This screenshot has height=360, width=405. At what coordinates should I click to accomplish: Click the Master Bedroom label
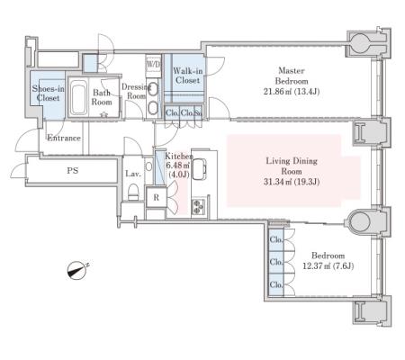pyautogui.click(x=292, y=76)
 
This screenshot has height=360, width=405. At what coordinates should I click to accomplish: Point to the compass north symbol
pyautogui.click(x=77, y=271)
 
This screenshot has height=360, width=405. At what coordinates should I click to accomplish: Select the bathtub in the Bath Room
pyautogui.click(x=79, y=97)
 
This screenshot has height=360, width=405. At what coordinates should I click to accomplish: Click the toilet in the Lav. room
pyautogui.click(x=133, y=192)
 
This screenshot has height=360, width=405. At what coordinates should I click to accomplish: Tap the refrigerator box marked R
pyautogui.click(x=156, y=198)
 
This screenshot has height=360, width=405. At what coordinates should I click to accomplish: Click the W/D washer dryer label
pyautogui.click(x=153, y=64)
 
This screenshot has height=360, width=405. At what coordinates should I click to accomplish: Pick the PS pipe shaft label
pyautogui.click(x=72, y=171)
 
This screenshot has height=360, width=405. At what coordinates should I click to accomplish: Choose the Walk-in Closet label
pyautogui.click(x=188, y=76)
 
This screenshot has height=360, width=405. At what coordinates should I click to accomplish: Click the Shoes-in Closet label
pyautogui.click(x=48, y=94)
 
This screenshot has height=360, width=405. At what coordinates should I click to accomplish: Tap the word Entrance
pyautogui.click(x=64, y=138)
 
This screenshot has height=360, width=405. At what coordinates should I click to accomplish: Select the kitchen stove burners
pyautogui.click(x=198, y=206)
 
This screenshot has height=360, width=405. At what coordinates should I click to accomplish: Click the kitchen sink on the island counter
pyautogui.click(x=200, y=169)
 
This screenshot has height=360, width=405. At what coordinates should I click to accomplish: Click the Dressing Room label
pyautogui.click(x=136, y=91)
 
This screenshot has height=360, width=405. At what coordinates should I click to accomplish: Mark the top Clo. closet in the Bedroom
pyautogui.click(x=276, y=239)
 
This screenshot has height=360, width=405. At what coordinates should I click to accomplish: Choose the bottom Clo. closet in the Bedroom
pyautogui.click(x=276, y=284)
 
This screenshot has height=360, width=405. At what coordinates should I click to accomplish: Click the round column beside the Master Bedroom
pyautogui.click(x=360, y=42)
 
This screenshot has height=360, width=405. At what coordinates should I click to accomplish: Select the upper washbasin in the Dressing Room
pyautogui.click(x=153, y=89)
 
